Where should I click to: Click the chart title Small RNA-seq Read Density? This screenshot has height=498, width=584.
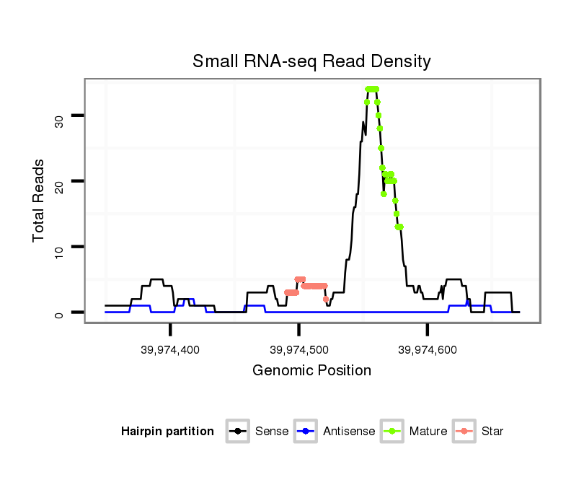311,61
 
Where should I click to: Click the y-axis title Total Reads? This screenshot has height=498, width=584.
39,200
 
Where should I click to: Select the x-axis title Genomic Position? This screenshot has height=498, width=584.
311,371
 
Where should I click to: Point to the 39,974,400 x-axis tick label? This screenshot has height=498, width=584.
170,349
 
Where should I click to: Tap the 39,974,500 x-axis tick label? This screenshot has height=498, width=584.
298,349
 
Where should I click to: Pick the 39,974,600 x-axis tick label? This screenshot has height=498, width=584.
427,349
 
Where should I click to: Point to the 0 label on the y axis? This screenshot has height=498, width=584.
59,313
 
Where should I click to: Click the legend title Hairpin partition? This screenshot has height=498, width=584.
167,432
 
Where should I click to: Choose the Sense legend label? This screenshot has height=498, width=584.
272,432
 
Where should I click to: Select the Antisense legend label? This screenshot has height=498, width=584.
349,432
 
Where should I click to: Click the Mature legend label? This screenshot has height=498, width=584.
428,432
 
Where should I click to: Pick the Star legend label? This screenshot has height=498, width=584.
492,432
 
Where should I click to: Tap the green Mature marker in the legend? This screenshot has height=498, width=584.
392,432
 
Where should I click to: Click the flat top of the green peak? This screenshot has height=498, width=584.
372,89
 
